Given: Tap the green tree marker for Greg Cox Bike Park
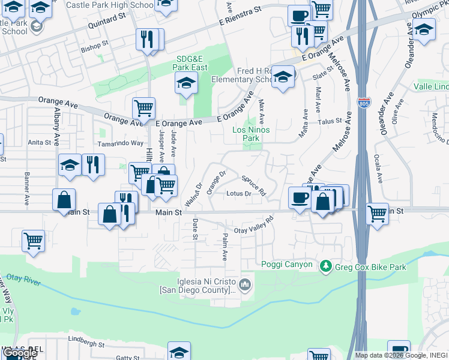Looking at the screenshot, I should [326, 265].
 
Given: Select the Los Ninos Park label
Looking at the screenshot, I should [251, 134].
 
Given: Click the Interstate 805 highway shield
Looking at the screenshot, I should [363, 103].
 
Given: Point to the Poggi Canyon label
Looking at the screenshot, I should [287, 265].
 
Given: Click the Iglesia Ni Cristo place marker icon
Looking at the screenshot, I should [244, 284].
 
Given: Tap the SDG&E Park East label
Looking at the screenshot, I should [191, 63].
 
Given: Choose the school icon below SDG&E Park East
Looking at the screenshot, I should [187, 83].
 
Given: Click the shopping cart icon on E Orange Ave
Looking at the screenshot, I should [143, 108].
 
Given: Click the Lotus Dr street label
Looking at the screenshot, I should [239, 193].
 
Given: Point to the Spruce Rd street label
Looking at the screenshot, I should [254, 185].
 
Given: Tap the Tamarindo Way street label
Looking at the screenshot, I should [121, 143].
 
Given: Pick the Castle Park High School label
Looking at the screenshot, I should [110, 5].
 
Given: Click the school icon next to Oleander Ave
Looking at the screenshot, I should [424, 29].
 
